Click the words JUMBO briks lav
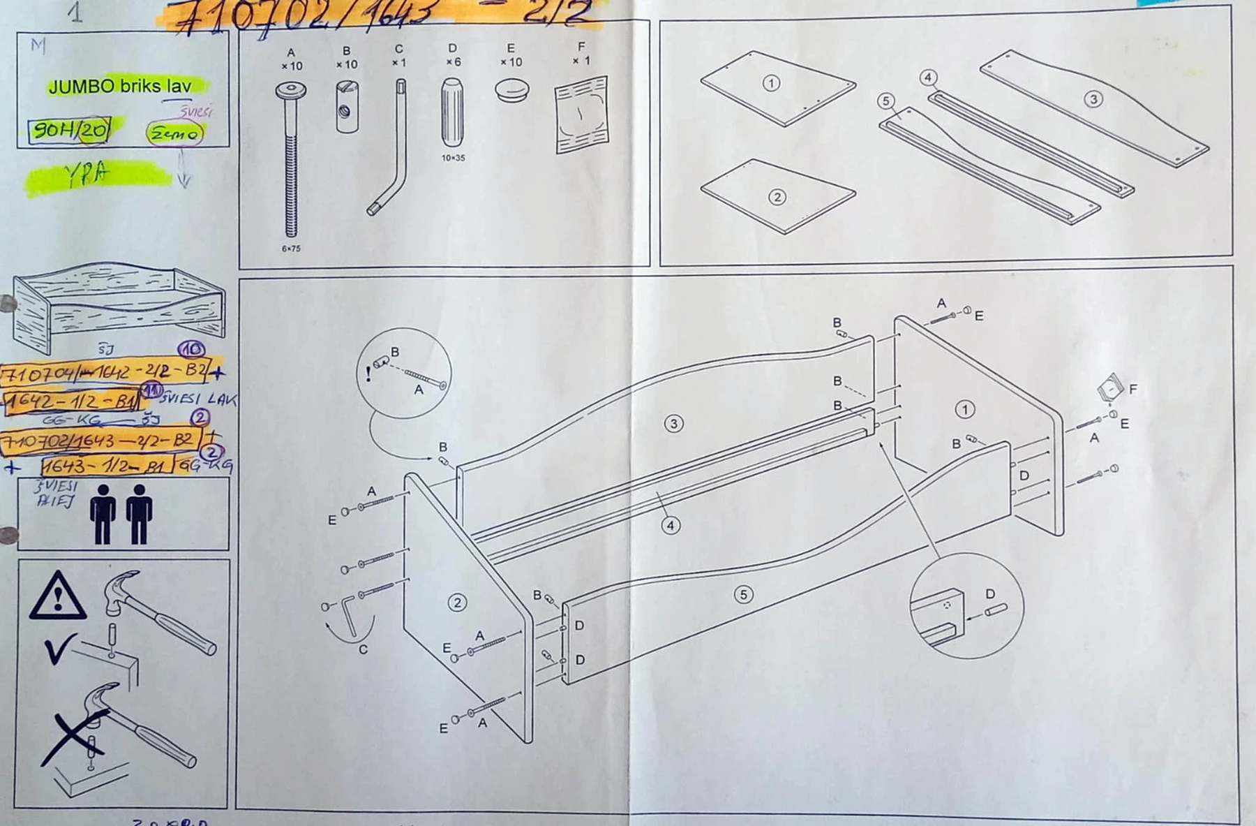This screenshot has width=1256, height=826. tap(119, 87)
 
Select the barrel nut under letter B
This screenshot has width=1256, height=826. tap(347, 106)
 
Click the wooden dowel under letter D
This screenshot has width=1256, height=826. tap(452, 112)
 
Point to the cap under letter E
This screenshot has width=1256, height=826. tap(512, 90)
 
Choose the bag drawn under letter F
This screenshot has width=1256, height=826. tap(581, 115)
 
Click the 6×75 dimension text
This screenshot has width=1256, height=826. tap(291, 249)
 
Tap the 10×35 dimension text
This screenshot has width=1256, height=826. tap(453, 158)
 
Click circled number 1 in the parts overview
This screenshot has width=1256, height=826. tap(771, 83)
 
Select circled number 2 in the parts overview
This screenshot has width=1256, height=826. tap(777, 197)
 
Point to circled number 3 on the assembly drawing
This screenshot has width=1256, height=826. tap(673, 423)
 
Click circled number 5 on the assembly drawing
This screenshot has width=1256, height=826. tap(743, 594)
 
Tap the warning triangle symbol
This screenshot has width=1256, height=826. tap(58, 598)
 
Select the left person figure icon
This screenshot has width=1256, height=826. tap(103, 514)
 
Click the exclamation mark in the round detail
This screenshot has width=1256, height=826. tap(368, 374)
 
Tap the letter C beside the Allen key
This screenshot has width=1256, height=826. tap(363, 649)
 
